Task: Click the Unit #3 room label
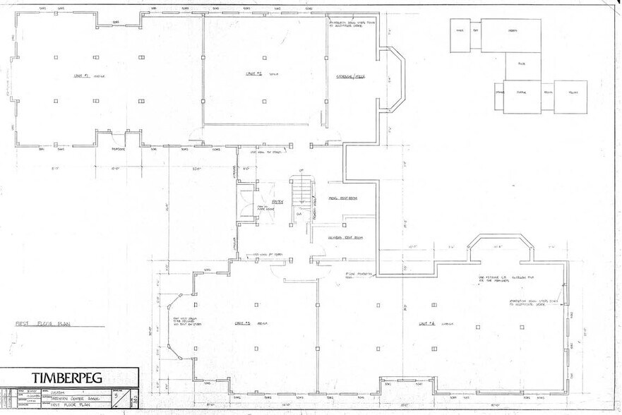coord(244,323)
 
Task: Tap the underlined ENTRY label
coord(277,202)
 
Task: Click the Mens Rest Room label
coord(343,198)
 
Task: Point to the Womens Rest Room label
coord(345,238)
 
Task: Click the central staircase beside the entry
coord(302,190)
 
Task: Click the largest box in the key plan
coord(511,35)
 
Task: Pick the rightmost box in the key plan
coord(570,97)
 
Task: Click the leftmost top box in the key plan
coord(459,35)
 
